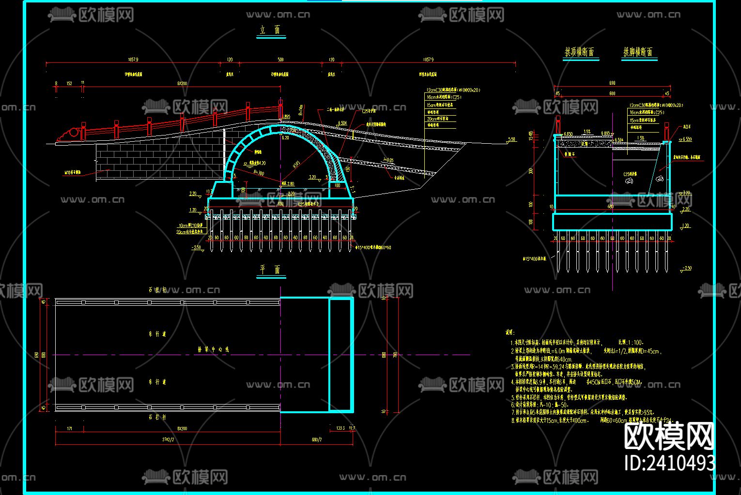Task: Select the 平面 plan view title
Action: click(x=271, y=270)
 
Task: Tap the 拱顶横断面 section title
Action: click(x=580, y=52)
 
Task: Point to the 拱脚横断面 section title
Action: click(x=638, y=52)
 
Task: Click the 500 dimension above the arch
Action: click(x=280, y=60)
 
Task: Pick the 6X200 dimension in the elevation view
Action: click(x=182, y=83)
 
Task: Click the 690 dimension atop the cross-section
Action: click(x=612, y=83)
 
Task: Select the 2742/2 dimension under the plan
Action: click(x=168, y=439)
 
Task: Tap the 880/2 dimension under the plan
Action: click(x=317, y=439)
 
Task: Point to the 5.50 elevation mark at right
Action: click(x=511, y=140)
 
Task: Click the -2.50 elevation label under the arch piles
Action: click(x=196, y=247)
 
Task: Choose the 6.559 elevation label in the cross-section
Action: click(x=686, y=139)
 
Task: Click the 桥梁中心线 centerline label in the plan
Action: click(x=213, y=349)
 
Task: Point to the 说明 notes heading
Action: click(x=509, y=332)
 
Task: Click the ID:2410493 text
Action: click(x=669, y=463)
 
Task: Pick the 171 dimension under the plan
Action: click(x=69, y=428)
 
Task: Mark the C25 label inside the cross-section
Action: click(x=630, y=174)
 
